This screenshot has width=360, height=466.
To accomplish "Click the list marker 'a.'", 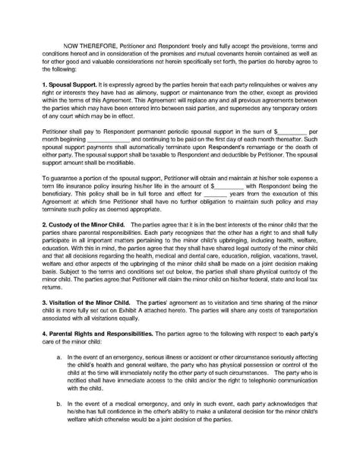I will [60, 378].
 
